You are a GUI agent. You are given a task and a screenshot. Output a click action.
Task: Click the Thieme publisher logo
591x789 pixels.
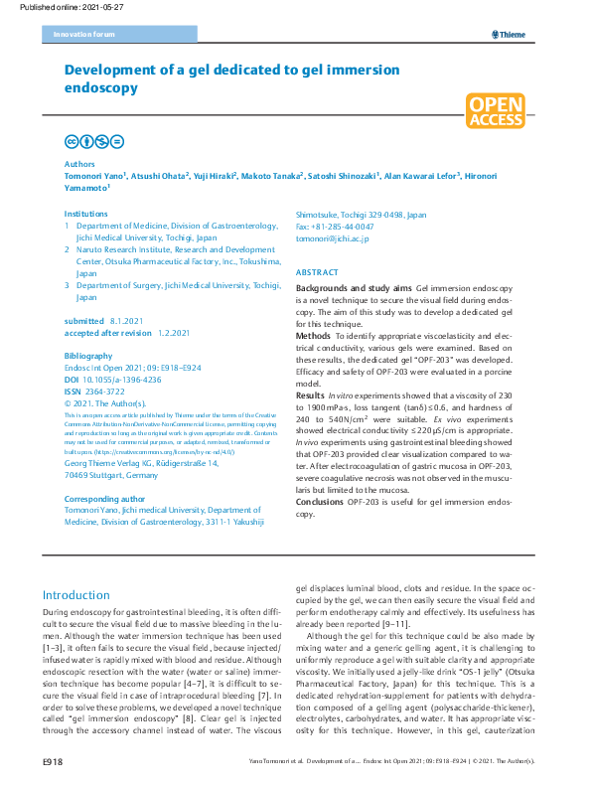point(508,35)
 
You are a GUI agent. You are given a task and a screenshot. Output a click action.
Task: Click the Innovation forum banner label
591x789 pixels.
point(79,35)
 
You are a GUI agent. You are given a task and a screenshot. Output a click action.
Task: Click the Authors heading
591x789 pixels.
point(79,163)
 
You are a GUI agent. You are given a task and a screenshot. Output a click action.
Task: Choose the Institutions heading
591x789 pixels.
point(86,214)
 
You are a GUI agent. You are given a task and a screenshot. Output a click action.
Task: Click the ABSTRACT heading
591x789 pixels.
point(317,272)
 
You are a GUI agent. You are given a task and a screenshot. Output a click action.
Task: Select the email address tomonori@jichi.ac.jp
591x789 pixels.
point(333,239)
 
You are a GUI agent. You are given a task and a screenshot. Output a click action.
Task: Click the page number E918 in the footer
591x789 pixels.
point(54,760)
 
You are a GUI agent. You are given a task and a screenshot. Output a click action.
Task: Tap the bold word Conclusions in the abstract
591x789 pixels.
point(320,502)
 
